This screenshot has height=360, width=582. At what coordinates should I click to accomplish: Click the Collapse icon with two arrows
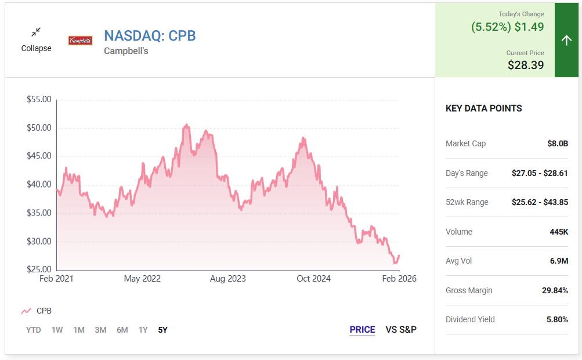[36, 32]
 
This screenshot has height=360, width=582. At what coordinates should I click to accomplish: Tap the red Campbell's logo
[80, 41]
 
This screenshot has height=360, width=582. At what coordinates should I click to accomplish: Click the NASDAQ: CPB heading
[150, 35]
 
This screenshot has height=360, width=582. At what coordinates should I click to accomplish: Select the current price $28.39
[526, 65]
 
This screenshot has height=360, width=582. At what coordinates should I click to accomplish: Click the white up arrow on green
[567, 40]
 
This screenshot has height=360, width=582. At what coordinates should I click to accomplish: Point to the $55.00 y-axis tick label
[39, 100]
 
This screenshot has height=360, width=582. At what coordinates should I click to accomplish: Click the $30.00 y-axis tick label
[39, 242]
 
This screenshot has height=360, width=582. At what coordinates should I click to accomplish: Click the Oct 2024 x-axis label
[313, 279]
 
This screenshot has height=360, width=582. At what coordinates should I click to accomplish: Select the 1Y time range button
[143, 330]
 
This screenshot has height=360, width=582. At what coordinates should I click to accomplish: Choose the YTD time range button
[34, 330]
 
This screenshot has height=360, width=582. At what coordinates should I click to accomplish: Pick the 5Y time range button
[162, 330]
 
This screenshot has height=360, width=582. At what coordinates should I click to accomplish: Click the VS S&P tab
[401, 330]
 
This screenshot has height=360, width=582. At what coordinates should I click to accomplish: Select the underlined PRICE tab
[362, 330]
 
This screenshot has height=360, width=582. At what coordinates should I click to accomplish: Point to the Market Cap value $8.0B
[558, 143]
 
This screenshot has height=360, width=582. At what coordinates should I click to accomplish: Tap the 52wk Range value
[540, 202]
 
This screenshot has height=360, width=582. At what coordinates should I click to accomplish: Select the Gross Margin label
[469, 290]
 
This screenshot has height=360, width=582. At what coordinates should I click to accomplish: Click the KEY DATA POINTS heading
[483, 109]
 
